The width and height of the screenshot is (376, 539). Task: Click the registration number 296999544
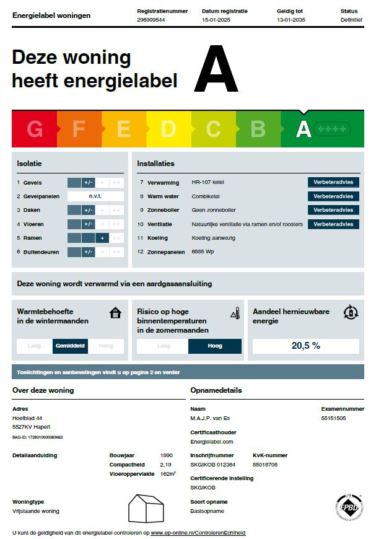(x=151, y=20)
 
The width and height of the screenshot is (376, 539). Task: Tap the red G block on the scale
(x=35, y=129)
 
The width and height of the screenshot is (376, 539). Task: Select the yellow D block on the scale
(x=168, y=129)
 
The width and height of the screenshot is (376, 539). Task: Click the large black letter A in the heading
(x=216, y=70)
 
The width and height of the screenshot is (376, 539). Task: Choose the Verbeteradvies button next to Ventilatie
(x=333, y=224)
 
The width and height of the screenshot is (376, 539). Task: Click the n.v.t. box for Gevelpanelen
(x=95, y=196)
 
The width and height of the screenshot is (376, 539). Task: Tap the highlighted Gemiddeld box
(x=71, y=346)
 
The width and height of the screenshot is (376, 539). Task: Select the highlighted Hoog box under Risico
(x=215, y=346)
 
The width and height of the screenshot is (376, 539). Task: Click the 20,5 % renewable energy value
(x=306, y=346)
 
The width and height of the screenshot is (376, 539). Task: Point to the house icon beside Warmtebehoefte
(x=115, y=312)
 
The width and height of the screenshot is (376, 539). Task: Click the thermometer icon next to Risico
(x=234, y=312)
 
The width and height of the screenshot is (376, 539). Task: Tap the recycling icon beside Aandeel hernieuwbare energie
(x=351, y=312)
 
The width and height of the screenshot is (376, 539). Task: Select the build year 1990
(x=166, y=455)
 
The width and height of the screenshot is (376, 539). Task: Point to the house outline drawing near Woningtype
(x=146, y=508)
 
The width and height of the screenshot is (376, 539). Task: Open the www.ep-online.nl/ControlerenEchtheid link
(x=198, y=533)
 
